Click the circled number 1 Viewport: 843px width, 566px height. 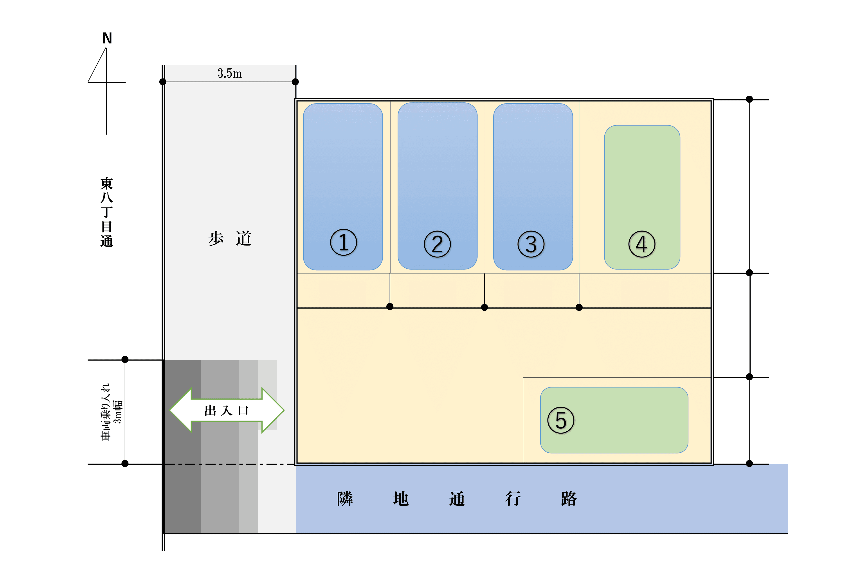[x=343, y=242]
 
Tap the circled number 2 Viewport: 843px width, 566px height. [x=437, y=244]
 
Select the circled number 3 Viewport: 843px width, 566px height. [x=531, y=244]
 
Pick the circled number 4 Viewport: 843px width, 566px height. [x=642, y=244]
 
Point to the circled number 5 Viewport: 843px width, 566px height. [x=561, y=420]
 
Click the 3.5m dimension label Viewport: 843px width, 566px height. [x=229, y=74]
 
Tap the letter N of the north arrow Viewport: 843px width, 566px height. [x=107, y=38]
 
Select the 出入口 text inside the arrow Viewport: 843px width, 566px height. [x=227, y=411]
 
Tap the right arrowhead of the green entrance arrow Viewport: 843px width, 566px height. [x=273, y=410]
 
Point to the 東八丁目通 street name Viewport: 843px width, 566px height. [x=107, y=212]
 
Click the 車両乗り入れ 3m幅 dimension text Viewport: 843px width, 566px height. [x=111, y=411]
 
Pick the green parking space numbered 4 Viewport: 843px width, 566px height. [x=642, y=197]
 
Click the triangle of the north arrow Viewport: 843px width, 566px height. [x=97, y=65]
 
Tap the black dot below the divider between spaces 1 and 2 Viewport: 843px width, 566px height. [x=390, y=306]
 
